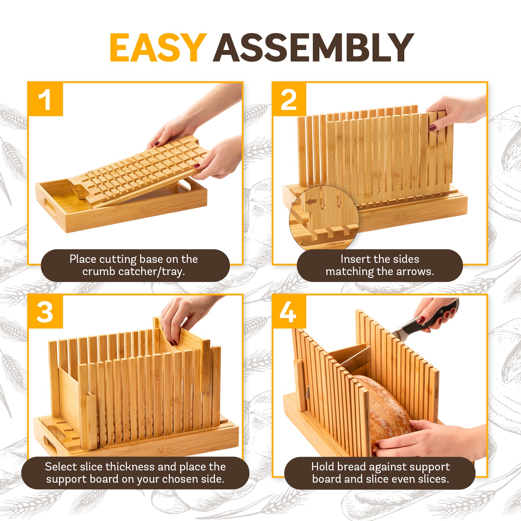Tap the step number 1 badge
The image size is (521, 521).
tap(45, 99)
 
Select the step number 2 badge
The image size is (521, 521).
tap(289, 99)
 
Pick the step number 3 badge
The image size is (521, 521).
tap(45, 312)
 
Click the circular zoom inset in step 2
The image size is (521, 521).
tap(324, 218)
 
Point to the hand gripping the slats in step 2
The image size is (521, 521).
tap(456, 111)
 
